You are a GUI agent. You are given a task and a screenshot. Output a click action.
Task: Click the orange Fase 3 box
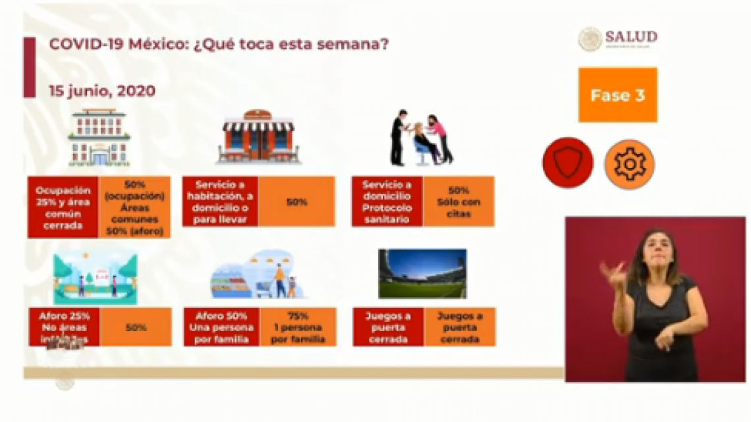coord(617,95)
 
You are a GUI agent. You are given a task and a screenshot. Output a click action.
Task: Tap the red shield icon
coord(567,163)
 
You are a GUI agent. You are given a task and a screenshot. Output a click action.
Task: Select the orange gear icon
coord(629,164)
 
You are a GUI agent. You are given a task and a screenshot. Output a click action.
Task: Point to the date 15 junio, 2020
coord(102,91)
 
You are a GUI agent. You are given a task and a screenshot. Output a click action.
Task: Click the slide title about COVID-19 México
coord(218,45)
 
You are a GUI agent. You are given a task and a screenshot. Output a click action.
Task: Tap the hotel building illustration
coord(99,137)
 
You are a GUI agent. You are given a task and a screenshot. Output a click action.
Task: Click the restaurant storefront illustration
coord(258,137)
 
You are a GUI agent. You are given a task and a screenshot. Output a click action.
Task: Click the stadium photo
coord(422,273)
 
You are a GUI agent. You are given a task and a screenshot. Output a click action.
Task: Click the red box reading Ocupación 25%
coord(63,206)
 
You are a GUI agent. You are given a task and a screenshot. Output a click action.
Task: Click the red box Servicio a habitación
coord(220,201)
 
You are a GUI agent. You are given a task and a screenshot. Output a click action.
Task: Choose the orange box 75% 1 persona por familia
coord(297,327)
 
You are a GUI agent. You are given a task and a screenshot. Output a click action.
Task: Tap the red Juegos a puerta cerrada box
coord(387,327)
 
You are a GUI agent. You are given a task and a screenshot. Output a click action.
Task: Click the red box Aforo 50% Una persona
coord(221,327)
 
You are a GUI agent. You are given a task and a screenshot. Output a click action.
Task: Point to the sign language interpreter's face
coord(655,249)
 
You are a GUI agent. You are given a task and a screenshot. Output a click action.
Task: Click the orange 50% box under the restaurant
coord(296,201)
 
